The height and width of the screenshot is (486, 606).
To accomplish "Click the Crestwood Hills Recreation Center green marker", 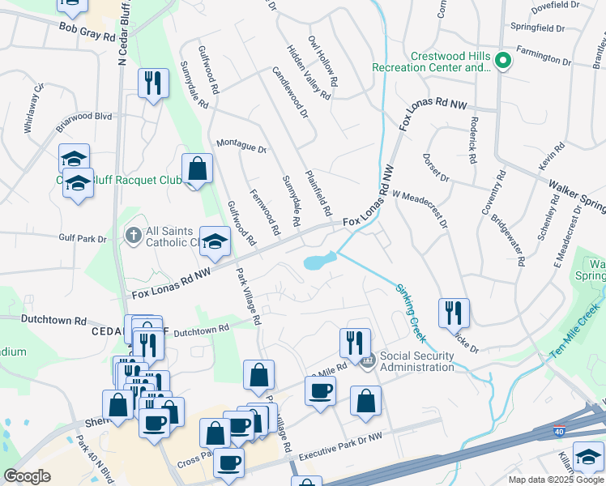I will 501,61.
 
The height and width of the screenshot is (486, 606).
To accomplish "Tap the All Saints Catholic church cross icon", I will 134,236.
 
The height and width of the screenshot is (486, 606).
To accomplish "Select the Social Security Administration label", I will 416,361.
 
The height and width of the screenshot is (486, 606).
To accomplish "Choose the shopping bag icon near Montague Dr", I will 197,168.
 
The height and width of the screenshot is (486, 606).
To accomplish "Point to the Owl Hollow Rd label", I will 322,56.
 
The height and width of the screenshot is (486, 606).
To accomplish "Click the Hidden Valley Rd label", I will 309,73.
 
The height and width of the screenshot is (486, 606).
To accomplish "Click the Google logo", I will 27,475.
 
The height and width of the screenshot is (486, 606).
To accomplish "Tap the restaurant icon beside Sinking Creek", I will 454,313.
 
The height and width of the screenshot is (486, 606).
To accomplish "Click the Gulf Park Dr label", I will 83,238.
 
